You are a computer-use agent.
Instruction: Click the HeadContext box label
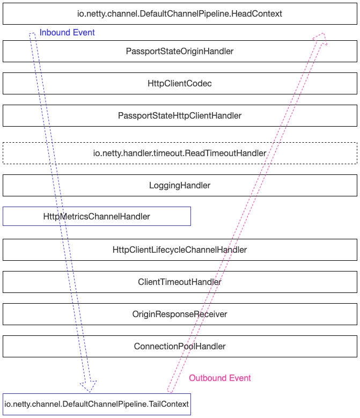pos(180,13)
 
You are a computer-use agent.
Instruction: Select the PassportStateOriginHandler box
pos(180,52)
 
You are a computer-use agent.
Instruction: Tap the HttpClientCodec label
pos(180,84)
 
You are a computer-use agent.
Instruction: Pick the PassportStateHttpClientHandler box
pos(180,116)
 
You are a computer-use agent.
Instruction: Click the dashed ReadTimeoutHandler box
pos(180,153)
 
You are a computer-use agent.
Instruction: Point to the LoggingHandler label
pos(180,186)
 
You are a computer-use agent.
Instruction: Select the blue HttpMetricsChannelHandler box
pos(97,217)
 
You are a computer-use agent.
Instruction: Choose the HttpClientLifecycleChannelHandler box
pos(180,250)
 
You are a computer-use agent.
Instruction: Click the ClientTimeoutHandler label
pos(180,282)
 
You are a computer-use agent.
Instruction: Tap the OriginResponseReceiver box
pos(180,314)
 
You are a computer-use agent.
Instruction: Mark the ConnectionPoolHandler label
pos(180,347)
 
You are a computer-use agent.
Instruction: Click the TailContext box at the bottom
pos(97,404)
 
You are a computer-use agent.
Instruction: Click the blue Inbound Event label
pos(67,33)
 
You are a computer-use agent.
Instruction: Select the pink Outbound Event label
pos(220,378)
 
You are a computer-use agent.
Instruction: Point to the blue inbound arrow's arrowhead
pos(89,386)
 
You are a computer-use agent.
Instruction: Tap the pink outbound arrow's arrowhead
pos(320,39)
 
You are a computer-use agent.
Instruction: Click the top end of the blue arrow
pos(32,35)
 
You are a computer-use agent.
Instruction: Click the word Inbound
pos(54,33)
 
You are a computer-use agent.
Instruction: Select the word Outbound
pos(207,378)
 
